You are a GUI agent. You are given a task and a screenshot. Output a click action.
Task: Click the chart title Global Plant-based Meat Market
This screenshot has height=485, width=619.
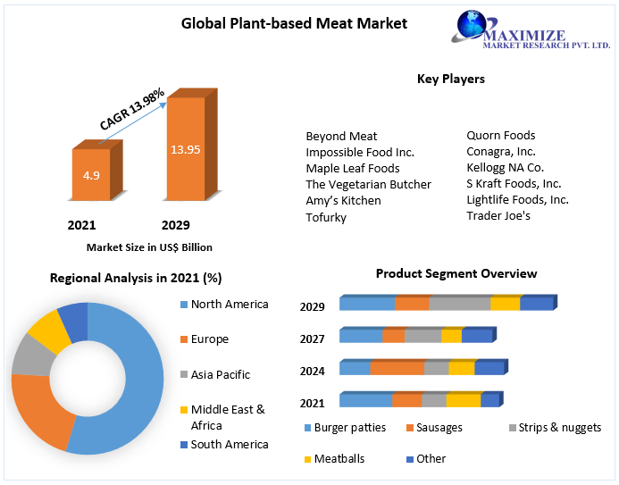coord(294,23)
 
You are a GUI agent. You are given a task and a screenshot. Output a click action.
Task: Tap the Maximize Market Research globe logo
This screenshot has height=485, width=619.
coord(473,26)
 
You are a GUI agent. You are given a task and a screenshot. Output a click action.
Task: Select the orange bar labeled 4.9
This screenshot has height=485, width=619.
coord(91,176)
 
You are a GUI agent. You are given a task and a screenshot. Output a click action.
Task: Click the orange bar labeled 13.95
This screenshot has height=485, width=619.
coord(186,149)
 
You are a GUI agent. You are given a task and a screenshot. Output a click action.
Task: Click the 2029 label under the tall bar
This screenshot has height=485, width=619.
coord(175,225)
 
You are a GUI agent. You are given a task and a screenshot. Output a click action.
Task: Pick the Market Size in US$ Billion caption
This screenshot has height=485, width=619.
coord(149,247)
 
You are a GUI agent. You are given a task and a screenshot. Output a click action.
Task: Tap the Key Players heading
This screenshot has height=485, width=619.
coord(451,79)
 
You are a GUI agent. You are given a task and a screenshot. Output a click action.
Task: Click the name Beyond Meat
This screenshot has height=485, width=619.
coord(341,136)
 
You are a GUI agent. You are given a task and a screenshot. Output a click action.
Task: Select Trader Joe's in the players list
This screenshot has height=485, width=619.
coord(498,215)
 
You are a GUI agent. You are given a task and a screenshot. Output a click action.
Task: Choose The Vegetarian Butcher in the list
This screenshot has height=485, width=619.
coord(368,184)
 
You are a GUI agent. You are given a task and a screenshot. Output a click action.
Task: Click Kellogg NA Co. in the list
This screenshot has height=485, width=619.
coord(505,167)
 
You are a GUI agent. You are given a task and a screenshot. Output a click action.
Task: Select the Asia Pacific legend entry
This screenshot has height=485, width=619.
coord(220,374)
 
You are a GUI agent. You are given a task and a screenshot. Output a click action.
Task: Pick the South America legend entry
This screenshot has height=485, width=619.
coord(229,444)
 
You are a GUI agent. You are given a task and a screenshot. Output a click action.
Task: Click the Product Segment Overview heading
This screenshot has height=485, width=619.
coord(456,273)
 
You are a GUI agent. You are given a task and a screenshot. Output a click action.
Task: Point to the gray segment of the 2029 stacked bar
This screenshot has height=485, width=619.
coord(459,304)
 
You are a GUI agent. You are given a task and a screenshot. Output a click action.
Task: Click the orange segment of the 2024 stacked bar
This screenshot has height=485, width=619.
coord(397,368)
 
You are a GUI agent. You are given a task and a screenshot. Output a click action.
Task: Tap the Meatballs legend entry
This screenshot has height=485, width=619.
coord(339,458)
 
